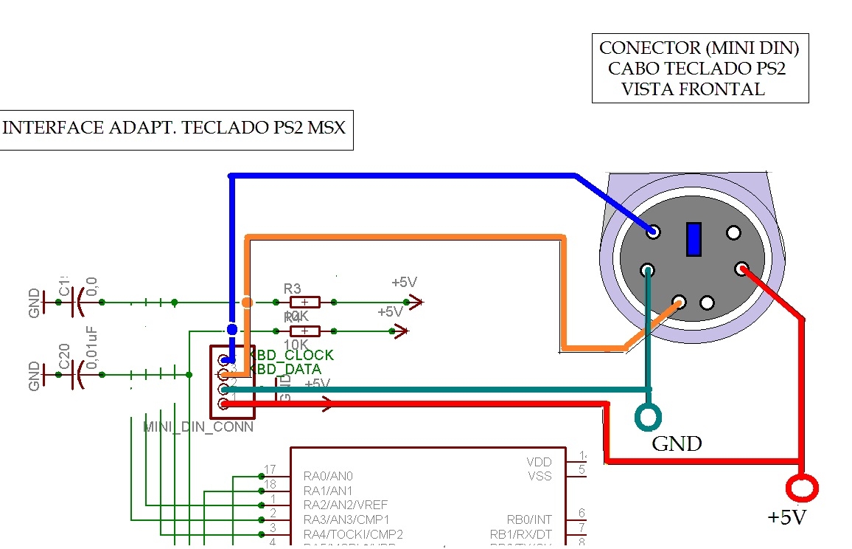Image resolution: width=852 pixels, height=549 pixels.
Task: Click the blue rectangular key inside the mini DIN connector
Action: tap(693, 239)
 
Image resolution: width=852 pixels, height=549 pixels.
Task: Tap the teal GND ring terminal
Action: tap(649, 416)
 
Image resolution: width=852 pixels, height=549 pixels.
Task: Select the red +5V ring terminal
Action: tap(802, 488)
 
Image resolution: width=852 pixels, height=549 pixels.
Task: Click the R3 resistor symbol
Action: tap(304, 302)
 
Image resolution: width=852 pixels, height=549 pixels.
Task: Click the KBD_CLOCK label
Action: tap(293, 355)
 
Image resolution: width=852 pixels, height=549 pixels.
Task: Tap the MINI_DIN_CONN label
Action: tap(198, 427)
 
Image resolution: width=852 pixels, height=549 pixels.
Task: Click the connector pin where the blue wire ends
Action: tap(653, 232)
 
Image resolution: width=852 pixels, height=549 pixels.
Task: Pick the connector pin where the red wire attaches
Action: tap(741, 269)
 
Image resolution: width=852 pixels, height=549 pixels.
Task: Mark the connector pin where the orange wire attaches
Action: tap(679, 302)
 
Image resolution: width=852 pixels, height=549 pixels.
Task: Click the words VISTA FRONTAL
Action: tap(693, 89)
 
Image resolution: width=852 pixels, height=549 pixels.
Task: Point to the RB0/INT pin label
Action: tap(531, 519)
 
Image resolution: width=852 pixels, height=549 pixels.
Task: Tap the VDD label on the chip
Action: tap(540, 462)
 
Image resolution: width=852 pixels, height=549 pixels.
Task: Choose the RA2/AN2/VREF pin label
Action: tap(346, 505)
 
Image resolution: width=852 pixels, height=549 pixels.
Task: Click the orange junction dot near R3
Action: tap(247, 302)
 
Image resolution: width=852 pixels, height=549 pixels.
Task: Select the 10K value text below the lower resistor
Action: tap(296, 345)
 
